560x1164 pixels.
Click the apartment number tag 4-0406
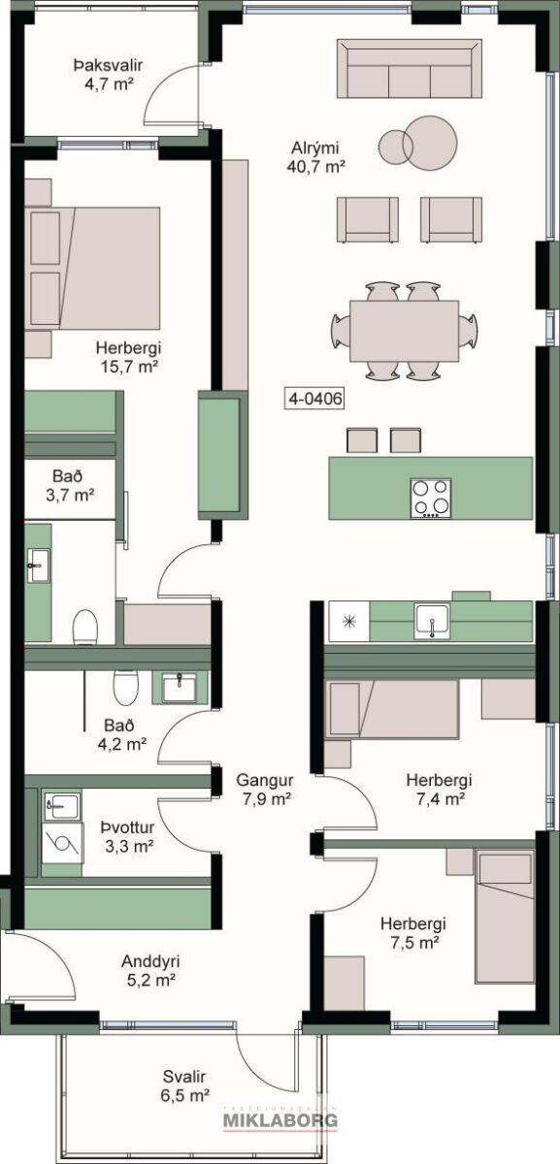[x=314, y=399]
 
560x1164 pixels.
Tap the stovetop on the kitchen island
[x=431, y=498]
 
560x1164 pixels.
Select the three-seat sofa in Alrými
[x=410, y=69]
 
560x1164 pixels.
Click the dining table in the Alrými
[x=404, y=331]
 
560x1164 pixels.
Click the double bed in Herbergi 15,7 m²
[x=92, y=268]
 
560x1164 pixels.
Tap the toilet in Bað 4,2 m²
[x=126, y=687]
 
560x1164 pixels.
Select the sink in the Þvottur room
[x=62, y=806]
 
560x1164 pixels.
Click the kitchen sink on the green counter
[x=432, y=621]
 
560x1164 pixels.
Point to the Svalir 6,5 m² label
[x=184, y=1086]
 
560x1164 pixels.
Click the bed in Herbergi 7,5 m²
[x=505, y=923]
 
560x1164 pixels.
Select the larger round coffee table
[x=430, y=142]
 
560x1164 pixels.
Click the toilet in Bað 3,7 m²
[x=85, y=627]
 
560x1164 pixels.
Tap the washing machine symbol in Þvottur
[x=63, y=842]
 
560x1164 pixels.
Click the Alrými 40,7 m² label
[x=315, y=157]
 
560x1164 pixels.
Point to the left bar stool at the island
[x=361, y=440]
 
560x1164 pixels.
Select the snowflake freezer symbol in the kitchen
[x=347, y=621]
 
